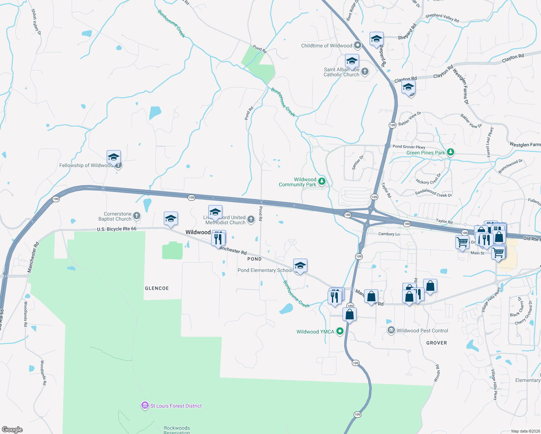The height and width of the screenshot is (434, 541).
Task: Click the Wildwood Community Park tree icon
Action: pyautogui.click(x=322, y=182)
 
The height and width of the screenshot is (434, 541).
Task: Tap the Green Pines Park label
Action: pyautogui.click(x=426, y=153)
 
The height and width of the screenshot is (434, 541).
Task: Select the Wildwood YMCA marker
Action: pyautogui.click(x=340, y=331)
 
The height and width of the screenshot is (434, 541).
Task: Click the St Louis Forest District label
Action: pyautogui.click(x=176, y=406)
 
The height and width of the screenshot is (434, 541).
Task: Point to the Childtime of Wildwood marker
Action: pyautogui.click(x=358, y=46)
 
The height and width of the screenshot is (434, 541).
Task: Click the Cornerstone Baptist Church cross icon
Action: pyautogui.click(x=136, y=216)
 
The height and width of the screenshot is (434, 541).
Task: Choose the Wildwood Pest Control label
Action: pyautogui.click(x=422, y=331)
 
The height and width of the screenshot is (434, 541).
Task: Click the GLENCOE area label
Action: pyautogui.click(x=157, y=288)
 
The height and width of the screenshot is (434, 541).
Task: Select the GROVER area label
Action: pyautogui.click(x=436, y=343)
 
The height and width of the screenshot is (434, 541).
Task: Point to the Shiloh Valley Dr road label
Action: pyautogui.click(x=36, y=22)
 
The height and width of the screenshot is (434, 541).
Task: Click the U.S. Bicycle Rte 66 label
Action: pyautogui.click(x=116, y=229)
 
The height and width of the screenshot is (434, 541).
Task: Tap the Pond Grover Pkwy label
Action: pyautogui.click(x=409, y=146)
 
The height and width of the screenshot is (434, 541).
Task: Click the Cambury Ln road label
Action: pyautogui.click(x=389, y=234)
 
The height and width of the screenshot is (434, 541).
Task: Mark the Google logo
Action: pyautogui.click(x=12, y=429)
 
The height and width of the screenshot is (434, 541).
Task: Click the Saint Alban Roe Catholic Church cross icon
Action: pyautogui.click(x=365, y=71)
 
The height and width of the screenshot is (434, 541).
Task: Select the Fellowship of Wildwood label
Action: pyautogui.click(x=86, y=165)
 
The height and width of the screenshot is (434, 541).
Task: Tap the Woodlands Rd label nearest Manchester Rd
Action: pyautogui.click(x=26, y=314)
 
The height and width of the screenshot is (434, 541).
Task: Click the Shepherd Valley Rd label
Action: pyautogui.click(x=442, y=18)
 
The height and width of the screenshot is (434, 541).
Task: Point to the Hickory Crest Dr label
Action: pyautogui.click(x=429, y=179)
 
